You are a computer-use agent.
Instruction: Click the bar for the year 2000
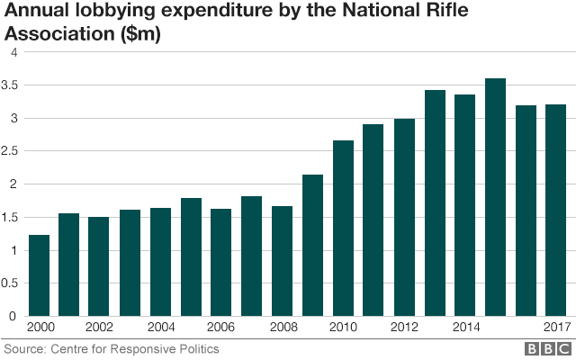pyautogui.click(x=39, y=275)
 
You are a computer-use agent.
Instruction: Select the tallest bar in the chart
pyautogui.click(x=495, y=197)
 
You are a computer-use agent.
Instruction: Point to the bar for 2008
pyautogui.click(x=283, y=261)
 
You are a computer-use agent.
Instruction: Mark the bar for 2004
pyautogui.click(x=160, y=262)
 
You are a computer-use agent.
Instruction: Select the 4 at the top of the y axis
pyautogui.click(x=14, y=53)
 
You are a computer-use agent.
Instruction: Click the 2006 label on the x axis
pyautogui.click(x=221, y=328)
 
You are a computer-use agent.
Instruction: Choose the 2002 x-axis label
pyautogui.click(x=100, y=328)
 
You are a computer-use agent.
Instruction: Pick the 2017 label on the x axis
pyautogui.click(x=556, y=328)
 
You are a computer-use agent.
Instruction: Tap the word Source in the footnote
pyautogui.click(x=24, y=348)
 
